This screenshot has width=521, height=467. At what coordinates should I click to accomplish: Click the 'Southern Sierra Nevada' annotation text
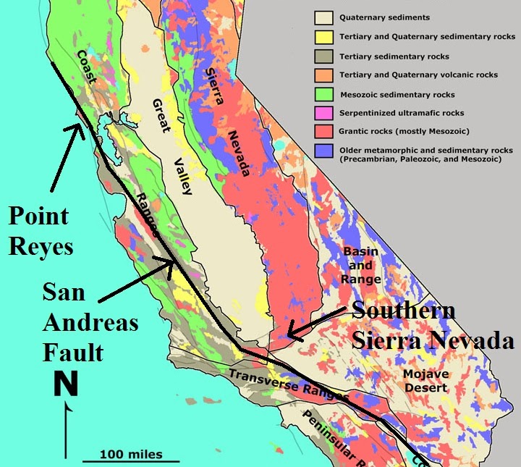(x=431, y=325)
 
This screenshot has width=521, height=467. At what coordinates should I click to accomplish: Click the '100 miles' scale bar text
(x=132, y=455)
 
